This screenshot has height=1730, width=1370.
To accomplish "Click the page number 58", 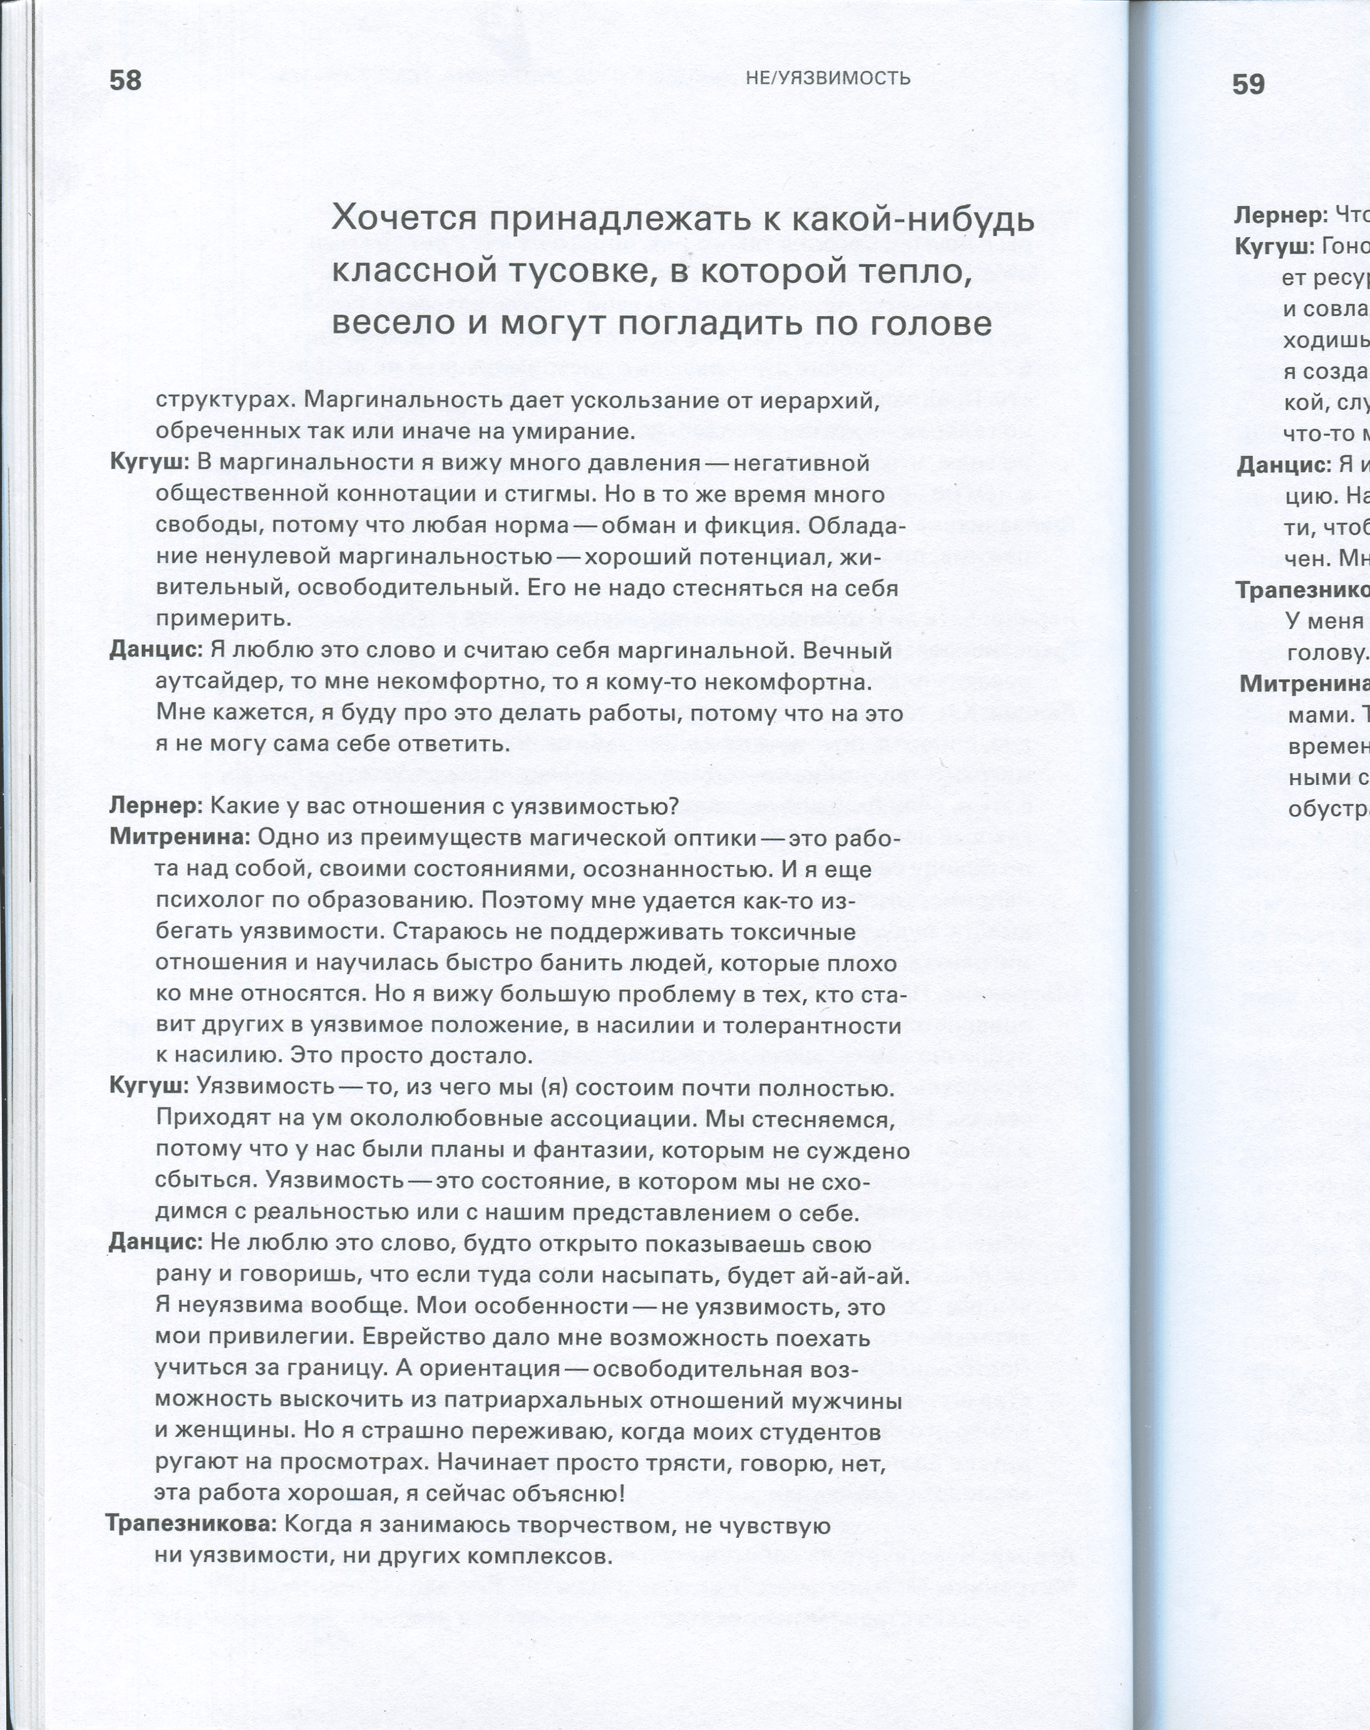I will (125, 80).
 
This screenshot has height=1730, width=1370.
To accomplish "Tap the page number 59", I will (1248, 84).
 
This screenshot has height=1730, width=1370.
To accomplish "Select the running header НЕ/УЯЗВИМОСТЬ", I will (828, 78).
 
